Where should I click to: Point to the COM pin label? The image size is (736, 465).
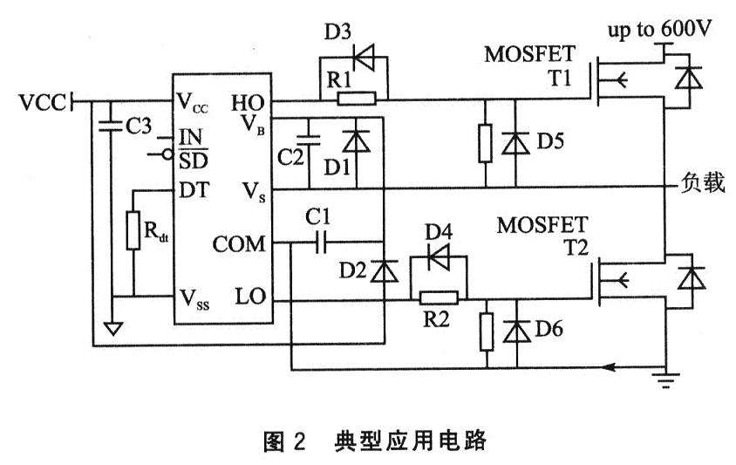(238, 244)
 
